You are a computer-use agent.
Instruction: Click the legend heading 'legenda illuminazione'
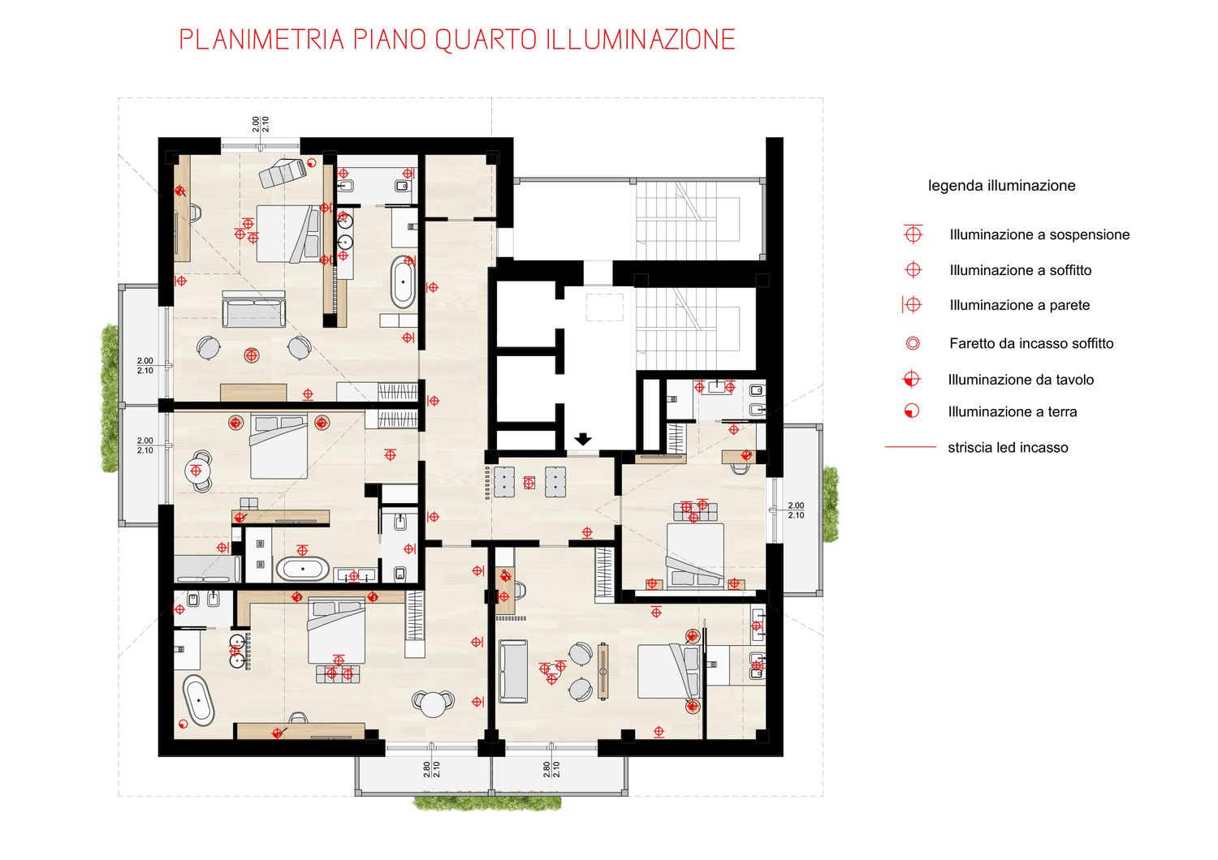point(1001,186)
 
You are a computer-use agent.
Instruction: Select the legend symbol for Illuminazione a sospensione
point(913,234)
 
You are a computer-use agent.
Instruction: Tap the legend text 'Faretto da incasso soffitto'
point(1031,343)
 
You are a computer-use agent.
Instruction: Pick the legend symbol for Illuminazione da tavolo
point(911,379)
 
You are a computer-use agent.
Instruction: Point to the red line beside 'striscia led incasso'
point(911,446)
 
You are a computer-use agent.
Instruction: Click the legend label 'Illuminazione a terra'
point(1013,412)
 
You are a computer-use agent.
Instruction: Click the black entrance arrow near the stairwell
point(583,439)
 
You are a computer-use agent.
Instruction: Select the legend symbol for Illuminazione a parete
point(912,305)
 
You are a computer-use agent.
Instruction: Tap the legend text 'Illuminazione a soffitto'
point(1021,270)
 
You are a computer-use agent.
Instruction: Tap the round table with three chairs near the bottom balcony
point(433,704)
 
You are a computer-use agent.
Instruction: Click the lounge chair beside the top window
point(283,172)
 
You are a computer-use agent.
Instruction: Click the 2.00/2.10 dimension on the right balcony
point(796,510)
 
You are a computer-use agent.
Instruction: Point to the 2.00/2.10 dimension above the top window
point(261,124)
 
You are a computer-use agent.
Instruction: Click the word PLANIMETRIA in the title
point(261,41)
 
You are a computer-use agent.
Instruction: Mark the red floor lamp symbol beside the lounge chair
point(312,162)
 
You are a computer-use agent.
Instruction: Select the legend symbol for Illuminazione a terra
point(912,411)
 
